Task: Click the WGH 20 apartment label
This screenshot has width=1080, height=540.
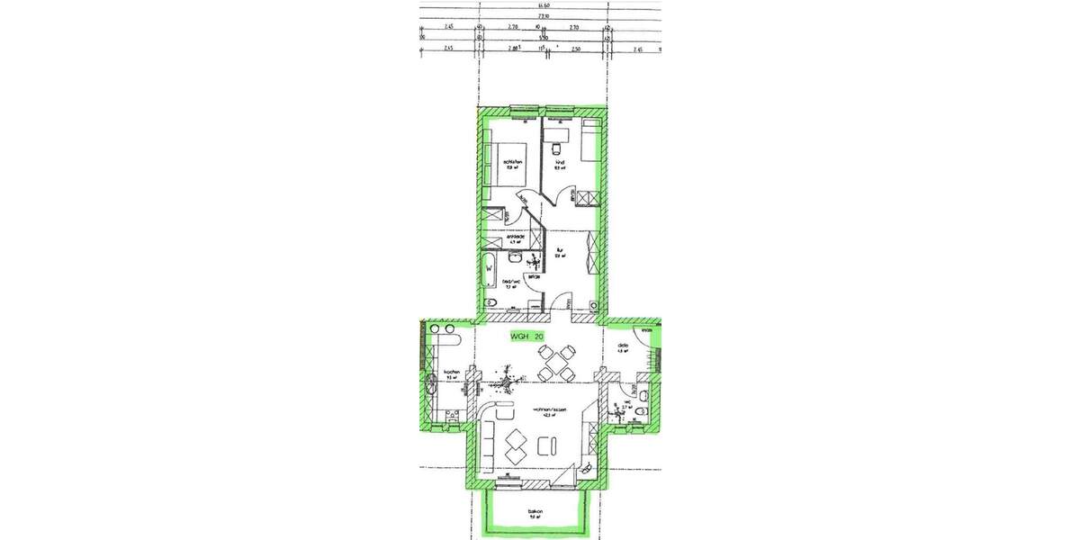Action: (x=527, y=336)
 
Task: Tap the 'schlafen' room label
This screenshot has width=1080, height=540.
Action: (x=514, y=163)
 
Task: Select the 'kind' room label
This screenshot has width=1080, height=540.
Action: (x=558, y=163)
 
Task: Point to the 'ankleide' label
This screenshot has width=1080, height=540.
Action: (x=516, y=238)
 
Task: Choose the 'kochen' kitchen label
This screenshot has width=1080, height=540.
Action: (x=452, y=373)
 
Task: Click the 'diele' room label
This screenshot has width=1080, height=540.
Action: (x=622, y=346)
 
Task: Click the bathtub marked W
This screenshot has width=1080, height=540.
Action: (x=489, y=267)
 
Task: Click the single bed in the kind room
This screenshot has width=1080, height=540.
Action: (x=590, y=140)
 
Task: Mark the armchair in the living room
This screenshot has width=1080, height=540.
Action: (x=546, y=445)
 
